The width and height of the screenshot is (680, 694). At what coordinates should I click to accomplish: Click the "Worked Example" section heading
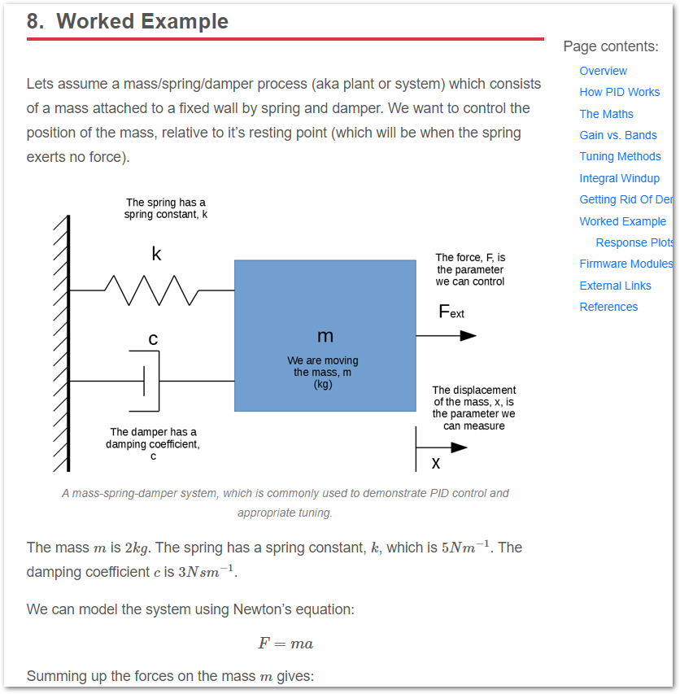point(128,22)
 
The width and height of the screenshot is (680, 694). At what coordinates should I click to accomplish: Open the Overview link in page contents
point(603,71)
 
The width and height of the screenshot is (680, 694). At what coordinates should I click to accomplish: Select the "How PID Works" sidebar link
point(619,92)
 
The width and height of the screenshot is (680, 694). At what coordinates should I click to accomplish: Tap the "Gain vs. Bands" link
point(617,135)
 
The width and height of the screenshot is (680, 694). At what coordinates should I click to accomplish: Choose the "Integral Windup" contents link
point(619,178)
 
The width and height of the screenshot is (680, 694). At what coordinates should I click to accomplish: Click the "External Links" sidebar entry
point(615,286)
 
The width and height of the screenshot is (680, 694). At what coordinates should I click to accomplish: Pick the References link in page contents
point(608,307)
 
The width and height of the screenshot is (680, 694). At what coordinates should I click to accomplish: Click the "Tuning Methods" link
point(620,156)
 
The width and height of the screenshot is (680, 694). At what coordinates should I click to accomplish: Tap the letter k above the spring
point(156,255)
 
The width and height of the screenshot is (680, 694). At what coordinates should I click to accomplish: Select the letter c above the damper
point(153,338)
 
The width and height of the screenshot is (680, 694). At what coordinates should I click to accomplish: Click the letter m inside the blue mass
point(325,336)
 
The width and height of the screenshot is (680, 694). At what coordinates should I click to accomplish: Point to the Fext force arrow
point(447,335)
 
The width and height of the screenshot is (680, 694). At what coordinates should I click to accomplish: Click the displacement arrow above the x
point(442,447)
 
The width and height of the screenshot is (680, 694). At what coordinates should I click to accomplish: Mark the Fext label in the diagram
point(451,312)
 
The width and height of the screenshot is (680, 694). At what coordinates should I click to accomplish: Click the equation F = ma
point(286,644)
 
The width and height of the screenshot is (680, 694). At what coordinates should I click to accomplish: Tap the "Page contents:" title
point(611,46)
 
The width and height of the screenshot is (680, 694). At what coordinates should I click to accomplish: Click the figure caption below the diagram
point(286,503)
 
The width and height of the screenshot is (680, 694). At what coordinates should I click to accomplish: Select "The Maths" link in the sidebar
point(606,114)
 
